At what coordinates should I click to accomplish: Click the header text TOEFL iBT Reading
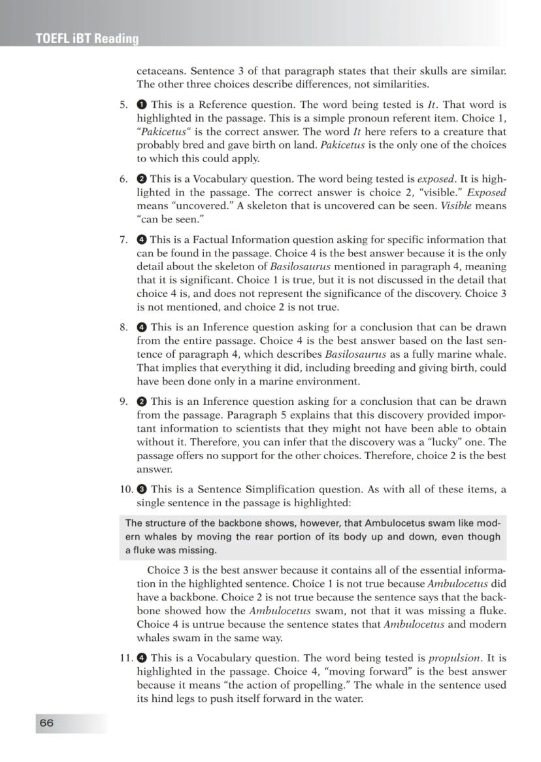click(x=88, y=39)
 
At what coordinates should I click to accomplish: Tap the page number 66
click(x=46, y=723)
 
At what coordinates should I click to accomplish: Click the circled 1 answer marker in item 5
click(x=141, y=105)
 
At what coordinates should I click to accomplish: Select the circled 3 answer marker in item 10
click(x=141, y=489)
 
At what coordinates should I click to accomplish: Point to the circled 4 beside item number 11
click(x=141, y=657)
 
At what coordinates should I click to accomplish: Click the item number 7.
click(x=123, y=239)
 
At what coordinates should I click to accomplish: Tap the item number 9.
click(x=123, y=402)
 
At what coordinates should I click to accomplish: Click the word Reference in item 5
click(x=212, y=105)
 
